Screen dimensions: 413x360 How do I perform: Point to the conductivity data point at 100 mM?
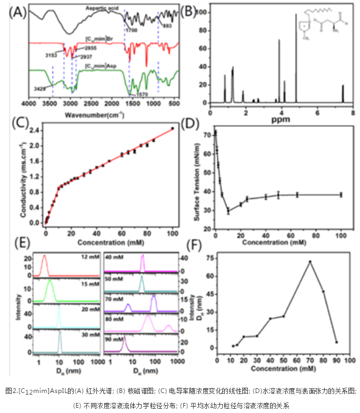tap(173, 128)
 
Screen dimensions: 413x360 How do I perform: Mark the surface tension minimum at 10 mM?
tap(228, 211)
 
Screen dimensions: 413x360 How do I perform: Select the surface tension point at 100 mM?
tap(341, 194)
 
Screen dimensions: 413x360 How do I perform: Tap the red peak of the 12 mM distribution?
tap(44, 257)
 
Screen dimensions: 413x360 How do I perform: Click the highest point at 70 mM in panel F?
tap(311, 261)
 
